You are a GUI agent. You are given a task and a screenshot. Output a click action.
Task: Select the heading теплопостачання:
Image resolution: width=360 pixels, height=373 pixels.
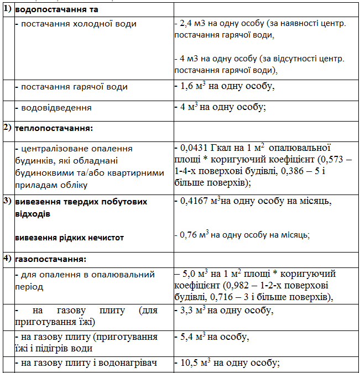coord(54,128)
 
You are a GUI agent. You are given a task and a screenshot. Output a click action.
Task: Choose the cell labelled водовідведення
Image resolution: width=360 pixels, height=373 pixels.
coord(56,108)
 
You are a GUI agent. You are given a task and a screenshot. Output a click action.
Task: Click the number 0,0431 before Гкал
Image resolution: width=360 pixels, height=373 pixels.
coord(195,148)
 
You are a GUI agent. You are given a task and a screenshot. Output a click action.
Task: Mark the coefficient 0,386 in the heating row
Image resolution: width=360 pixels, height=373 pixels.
coord(295,171)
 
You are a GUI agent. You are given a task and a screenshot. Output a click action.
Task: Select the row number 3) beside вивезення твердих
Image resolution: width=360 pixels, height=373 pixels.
coord(8,201)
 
